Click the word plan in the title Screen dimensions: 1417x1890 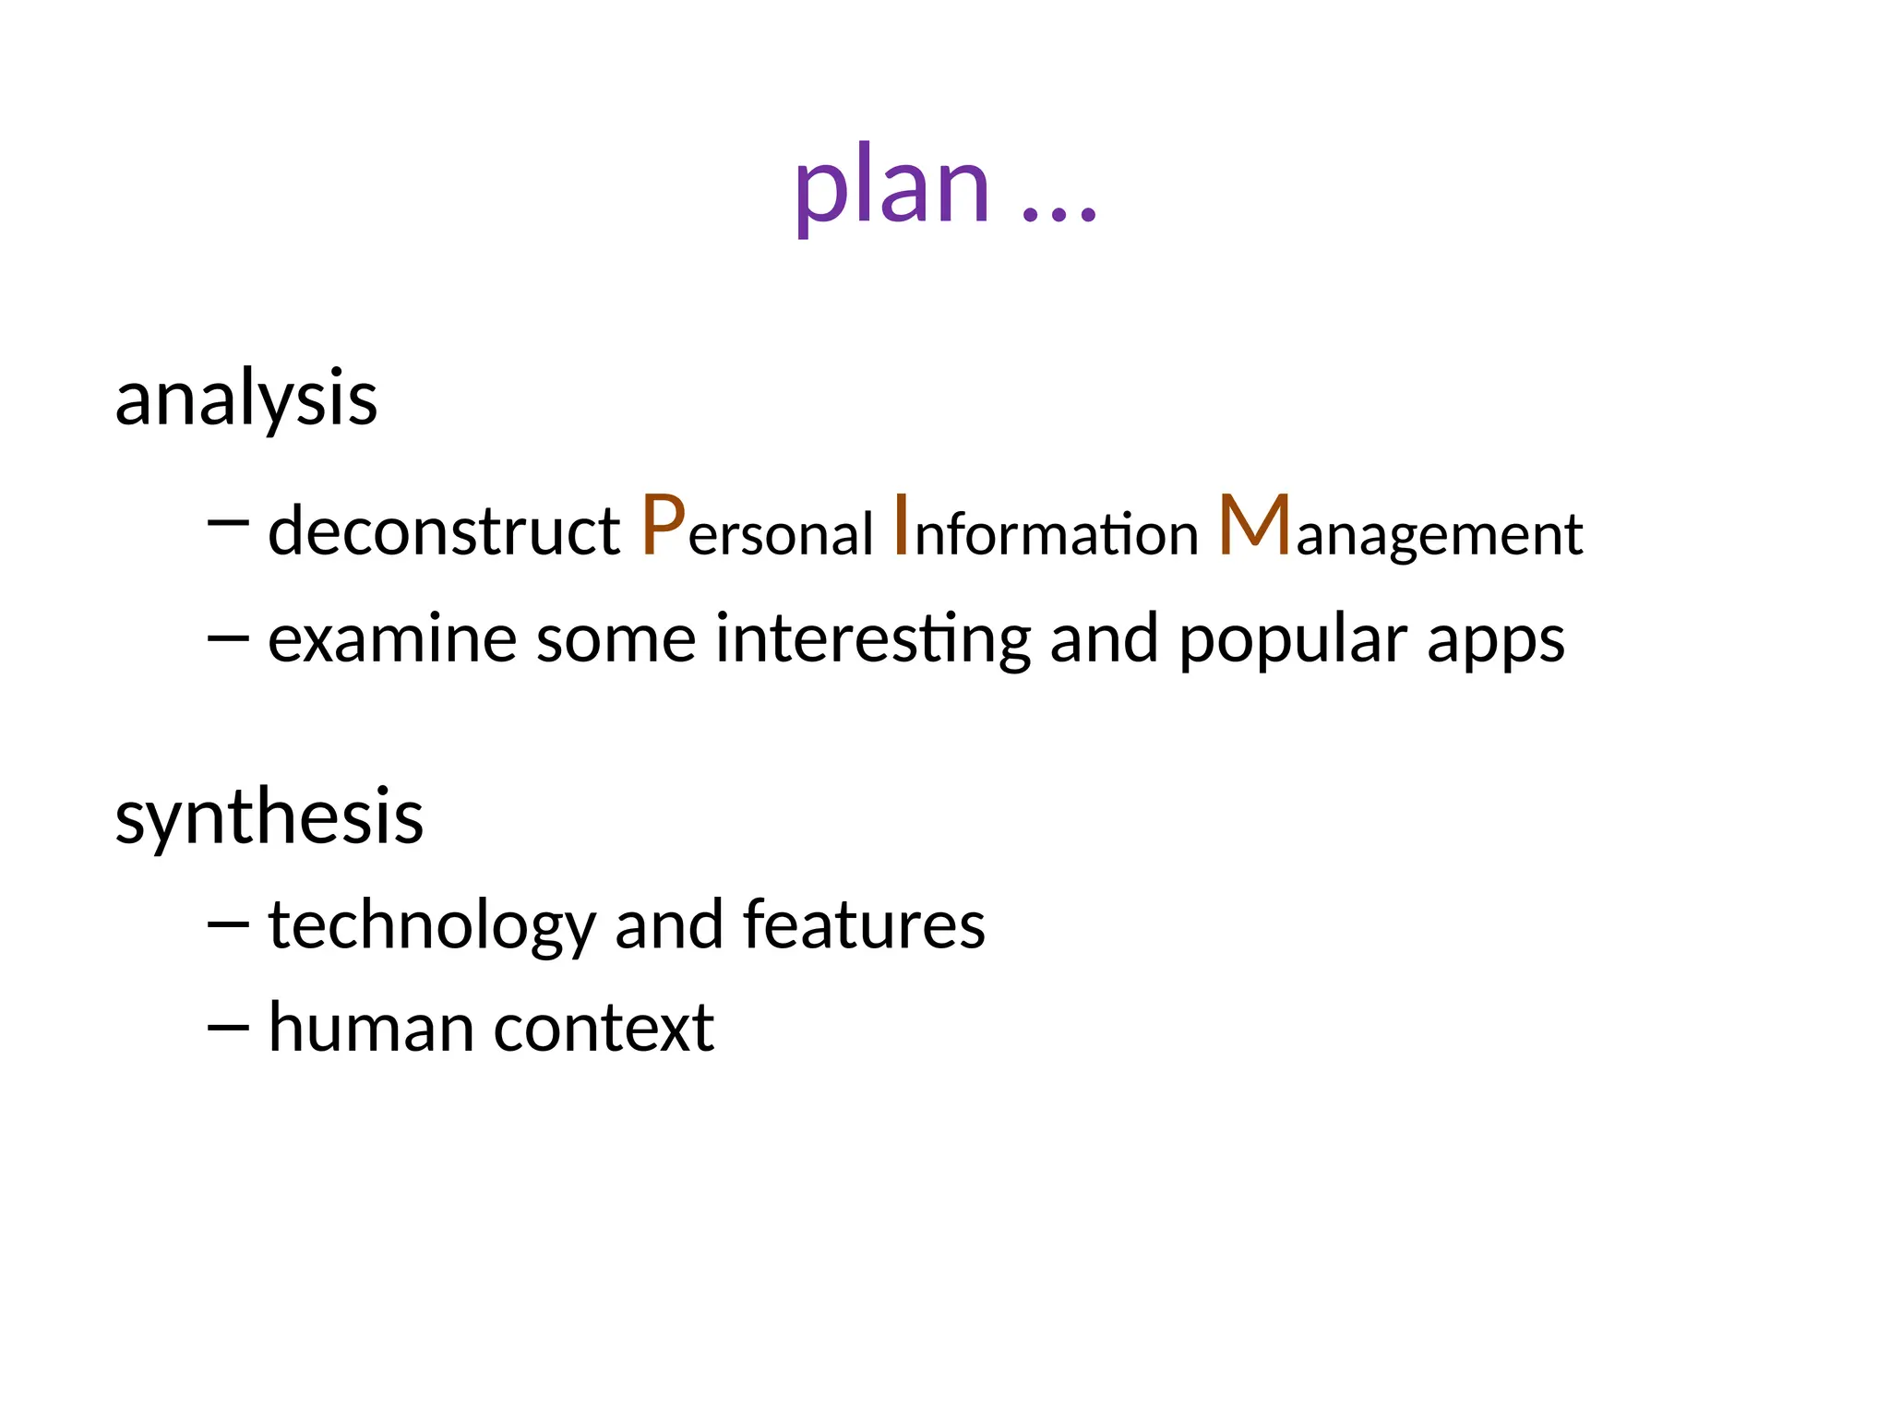click(x=891, y=189)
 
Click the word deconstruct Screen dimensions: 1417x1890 click(x=444, y=532)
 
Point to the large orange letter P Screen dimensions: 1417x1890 click(x=664, y=525)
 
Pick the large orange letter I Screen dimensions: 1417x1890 click(x=902, y=525)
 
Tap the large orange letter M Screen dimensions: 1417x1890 click(x=1254, y=525)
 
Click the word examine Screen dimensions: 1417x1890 click(x=390, y=639)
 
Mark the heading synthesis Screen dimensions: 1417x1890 click(x=269, y=819)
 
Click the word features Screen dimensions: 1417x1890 click(x=864, y=925)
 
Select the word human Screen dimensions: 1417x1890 click(x=371, y=1028)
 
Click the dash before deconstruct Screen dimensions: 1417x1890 click(x=228, y=523)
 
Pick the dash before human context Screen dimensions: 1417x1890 click(x=228, y=1026)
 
